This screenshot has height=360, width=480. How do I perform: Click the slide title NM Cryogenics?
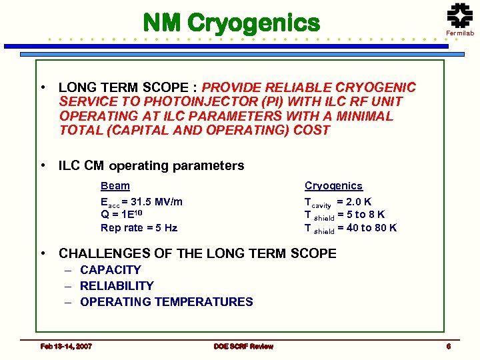point(232,23)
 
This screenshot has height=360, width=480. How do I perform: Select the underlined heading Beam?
point(115,186)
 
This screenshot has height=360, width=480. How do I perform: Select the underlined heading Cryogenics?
point(333,186)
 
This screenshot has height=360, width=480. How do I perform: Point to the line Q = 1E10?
point(121,215)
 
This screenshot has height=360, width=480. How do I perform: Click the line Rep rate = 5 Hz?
point(139,228)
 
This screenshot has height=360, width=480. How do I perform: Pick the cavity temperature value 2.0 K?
point(359,201)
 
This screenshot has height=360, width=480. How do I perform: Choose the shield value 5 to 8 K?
point(365,215)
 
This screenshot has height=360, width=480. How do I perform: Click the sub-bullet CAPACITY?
point(110,270)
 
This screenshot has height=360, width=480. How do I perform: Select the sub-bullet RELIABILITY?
point(117,286)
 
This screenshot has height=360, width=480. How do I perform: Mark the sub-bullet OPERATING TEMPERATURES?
point(166,302)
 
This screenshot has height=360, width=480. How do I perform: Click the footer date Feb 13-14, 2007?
point(66,346)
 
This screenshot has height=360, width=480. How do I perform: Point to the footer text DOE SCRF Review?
point(243,346)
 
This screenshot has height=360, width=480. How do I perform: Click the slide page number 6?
point(449,346)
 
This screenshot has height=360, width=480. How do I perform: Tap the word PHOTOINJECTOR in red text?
point(174,101)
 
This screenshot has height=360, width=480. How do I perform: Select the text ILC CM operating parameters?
point(151,165)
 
